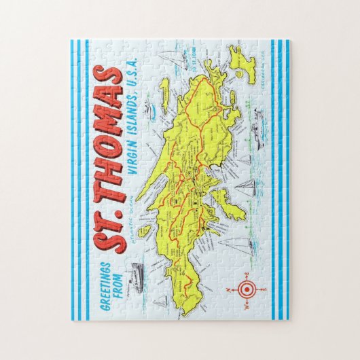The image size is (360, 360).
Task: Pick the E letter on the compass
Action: [247, 274]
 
